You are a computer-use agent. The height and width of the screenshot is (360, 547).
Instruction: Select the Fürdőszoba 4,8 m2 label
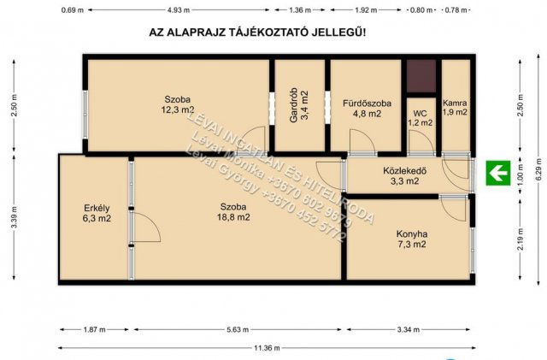point(367,109)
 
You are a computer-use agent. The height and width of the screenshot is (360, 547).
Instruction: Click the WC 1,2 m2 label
point(420,118)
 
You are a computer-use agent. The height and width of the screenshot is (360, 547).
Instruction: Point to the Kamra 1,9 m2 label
point(455,107)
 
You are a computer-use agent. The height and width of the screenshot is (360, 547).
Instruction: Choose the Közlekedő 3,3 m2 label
point(404,175)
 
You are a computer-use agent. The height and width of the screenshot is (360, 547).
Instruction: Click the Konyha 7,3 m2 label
point(411,239)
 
